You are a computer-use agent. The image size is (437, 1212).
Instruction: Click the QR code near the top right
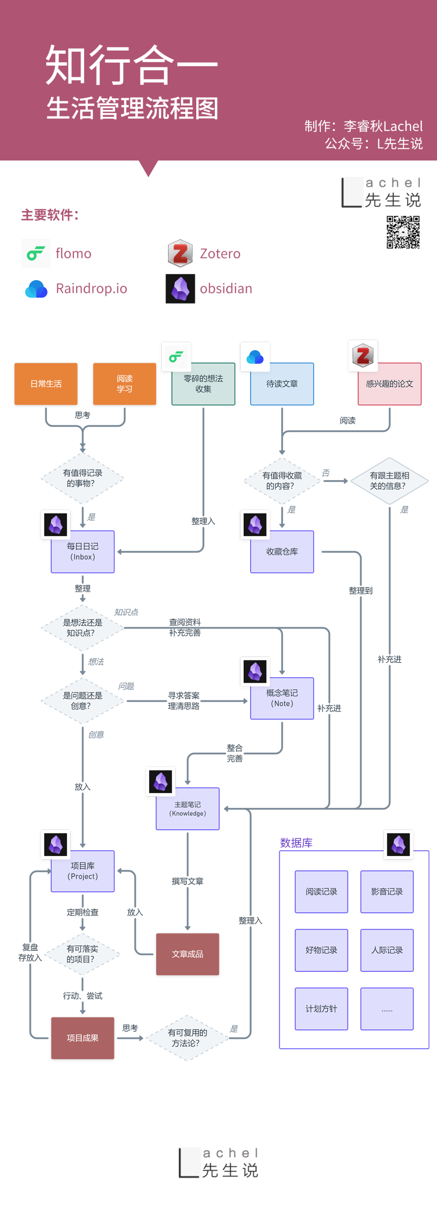point(403,232)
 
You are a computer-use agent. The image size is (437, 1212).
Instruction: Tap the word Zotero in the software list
point(220,254)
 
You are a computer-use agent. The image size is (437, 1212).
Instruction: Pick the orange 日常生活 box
point(46,384)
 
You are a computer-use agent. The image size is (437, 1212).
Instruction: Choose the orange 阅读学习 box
point(124,384)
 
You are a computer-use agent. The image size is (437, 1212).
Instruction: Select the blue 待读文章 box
point(282,384)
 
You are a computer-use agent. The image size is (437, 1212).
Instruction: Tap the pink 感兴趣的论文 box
point(389,384)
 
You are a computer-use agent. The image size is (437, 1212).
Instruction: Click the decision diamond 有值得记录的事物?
point(83,478)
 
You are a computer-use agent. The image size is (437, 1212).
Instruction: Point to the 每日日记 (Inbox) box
point(83,552)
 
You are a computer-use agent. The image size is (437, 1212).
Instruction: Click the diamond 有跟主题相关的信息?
point(389,481)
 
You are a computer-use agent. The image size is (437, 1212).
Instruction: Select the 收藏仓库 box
point(282,552)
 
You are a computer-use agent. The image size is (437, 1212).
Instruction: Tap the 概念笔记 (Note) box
point(282,698)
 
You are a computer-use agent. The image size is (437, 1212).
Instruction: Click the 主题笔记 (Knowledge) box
point(187,809)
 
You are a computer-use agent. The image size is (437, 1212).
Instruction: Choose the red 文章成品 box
point(187,954)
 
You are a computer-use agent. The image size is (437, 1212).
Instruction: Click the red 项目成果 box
point(83,1037)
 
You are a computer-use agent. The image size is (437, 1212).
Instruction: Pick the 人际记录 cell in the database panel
point(386,950)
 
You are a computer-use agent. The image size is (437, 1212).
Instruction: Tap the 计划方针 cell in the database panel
point(321,1008)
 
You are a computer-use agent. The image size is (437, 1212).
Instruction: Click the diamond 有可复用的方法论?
point(187,1037)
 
